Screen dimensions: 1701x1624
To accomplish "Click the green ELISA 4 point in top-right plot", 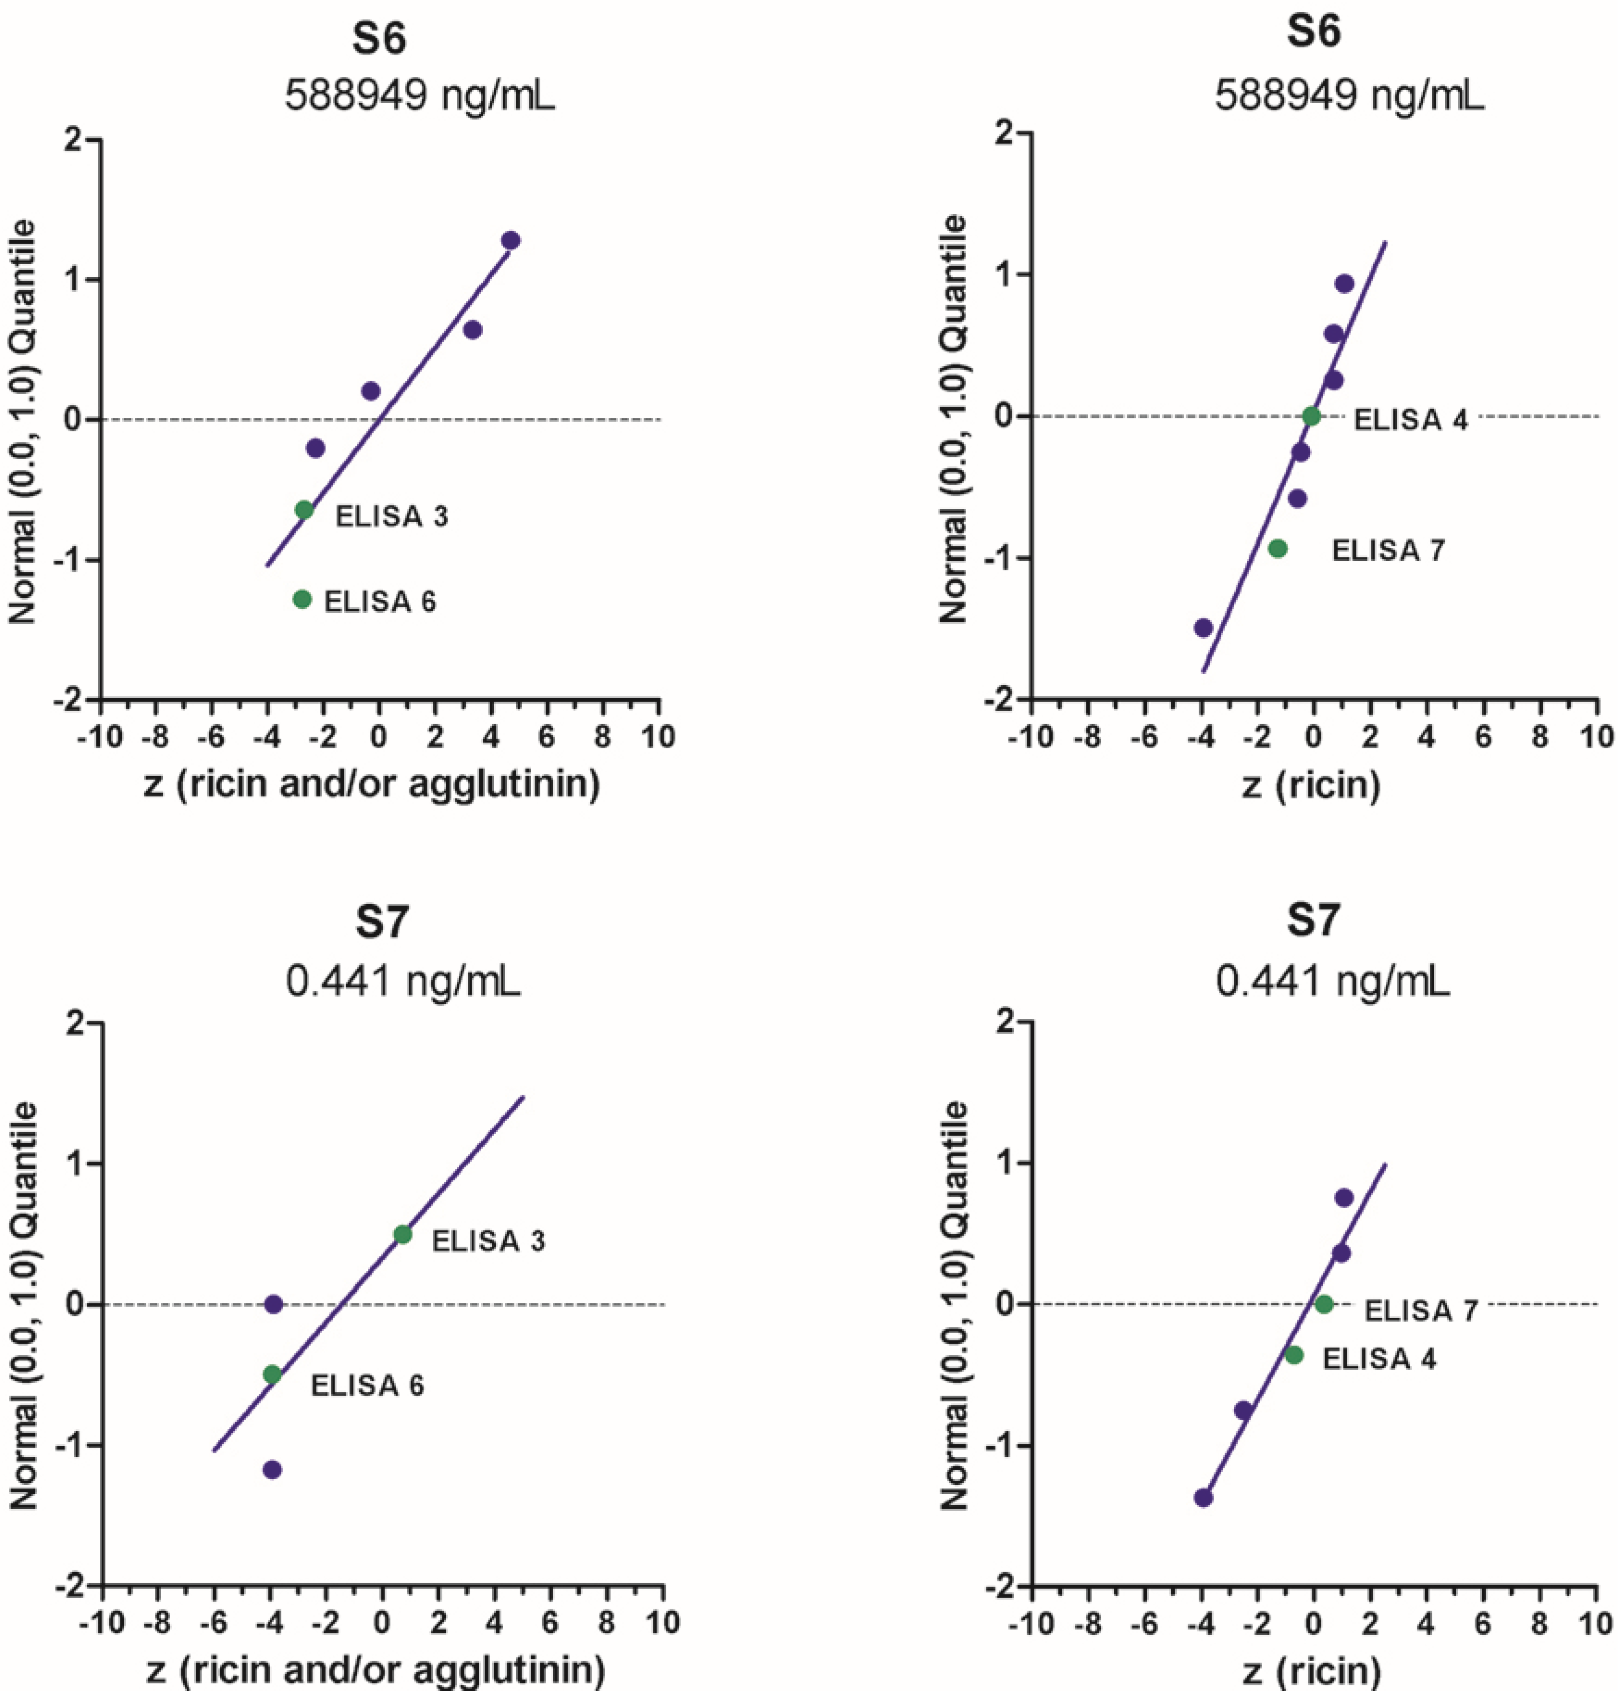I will (1311, 417).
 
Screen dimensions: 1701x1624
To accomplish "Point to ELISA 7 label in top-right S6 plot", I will (1388, 551).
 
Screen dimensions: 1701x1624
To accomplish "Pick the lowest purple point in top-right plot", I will (1203, 628).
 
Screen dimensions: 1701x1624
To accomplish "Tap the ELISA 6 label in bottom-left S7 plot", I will (367, 1386).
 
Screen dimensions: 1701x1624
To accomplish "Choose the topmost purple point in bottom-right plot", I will (1343, 1198).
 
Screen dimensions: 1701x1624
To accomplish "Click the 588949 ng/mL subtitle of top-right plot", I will (1349, 96).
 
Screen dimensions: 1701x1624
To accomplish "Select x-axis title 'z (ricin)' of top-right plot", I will (1311, 786).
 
